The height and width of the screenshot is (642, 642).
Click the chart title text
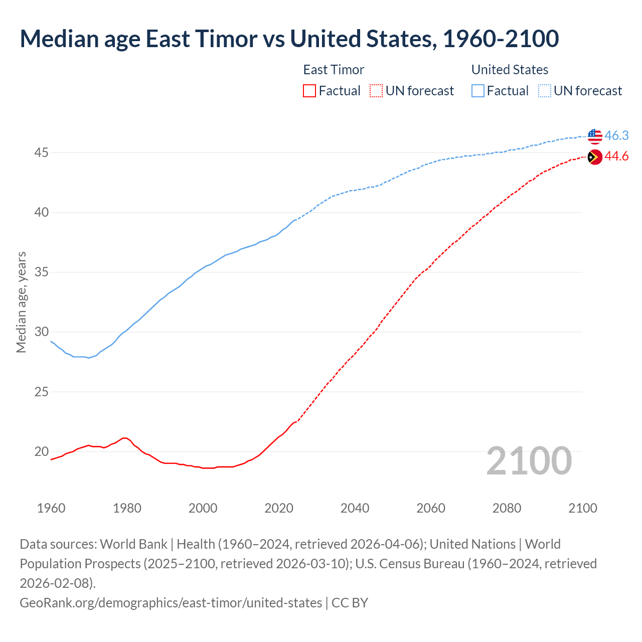click(289, 39)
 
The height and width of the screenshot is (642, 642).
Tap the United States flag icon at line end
click(595, 136)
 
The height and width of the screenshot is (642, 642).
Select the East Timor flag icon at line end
click(594, 157)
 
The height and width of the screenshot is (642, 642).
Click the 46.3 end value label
click(616, 135)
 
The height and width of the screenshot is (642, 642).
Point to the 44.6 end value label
click(616, 156)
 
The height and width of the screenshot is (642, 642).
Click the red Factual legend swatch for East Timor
click(309, 91)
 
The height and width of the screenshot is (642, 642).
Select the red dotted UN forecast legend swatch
click(376, 91)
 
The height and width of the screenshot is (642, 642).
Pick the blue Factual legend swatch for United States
click(478, 91)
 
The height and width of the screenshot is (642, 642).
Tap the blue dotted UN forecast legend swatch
click(544, 91)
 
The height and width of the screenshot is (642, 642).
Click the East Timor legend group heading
click(334, 70)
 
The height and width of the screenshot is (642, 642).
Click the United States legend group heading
click(510, 70)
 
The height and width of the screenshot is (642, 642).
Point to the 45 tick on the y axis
click(41, 152)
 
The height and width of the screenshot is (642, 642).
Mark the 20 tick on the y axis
click(41, 451)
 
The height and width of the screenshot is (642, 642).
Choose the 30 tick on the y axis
click(41, 332)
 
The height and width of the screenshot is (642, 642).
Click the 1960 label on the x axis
click(51, 508)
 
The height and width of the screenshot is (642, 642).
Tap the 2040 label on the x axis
click(355, 508)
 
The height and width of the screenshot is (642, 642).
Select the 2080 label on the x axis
click(507, 508)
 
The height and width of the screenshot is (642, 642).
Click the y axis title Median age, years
click(21, 302)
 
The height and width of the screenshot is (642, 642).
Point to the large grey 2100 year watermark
click(529, 461)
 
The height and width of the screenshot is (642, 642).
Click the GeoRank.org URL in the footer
click(171, 602)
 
